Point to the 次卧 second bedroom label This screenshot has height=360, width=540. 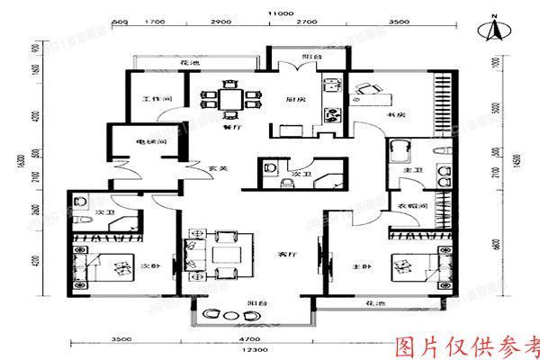(x=149, y=266)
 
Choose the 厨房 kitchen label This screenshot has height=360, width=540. (x=292, y=100)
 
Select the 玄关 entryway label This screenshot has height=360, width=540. (x=216, y=168)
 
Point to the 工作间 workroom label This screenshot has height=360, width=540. (x=150, y=100)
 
